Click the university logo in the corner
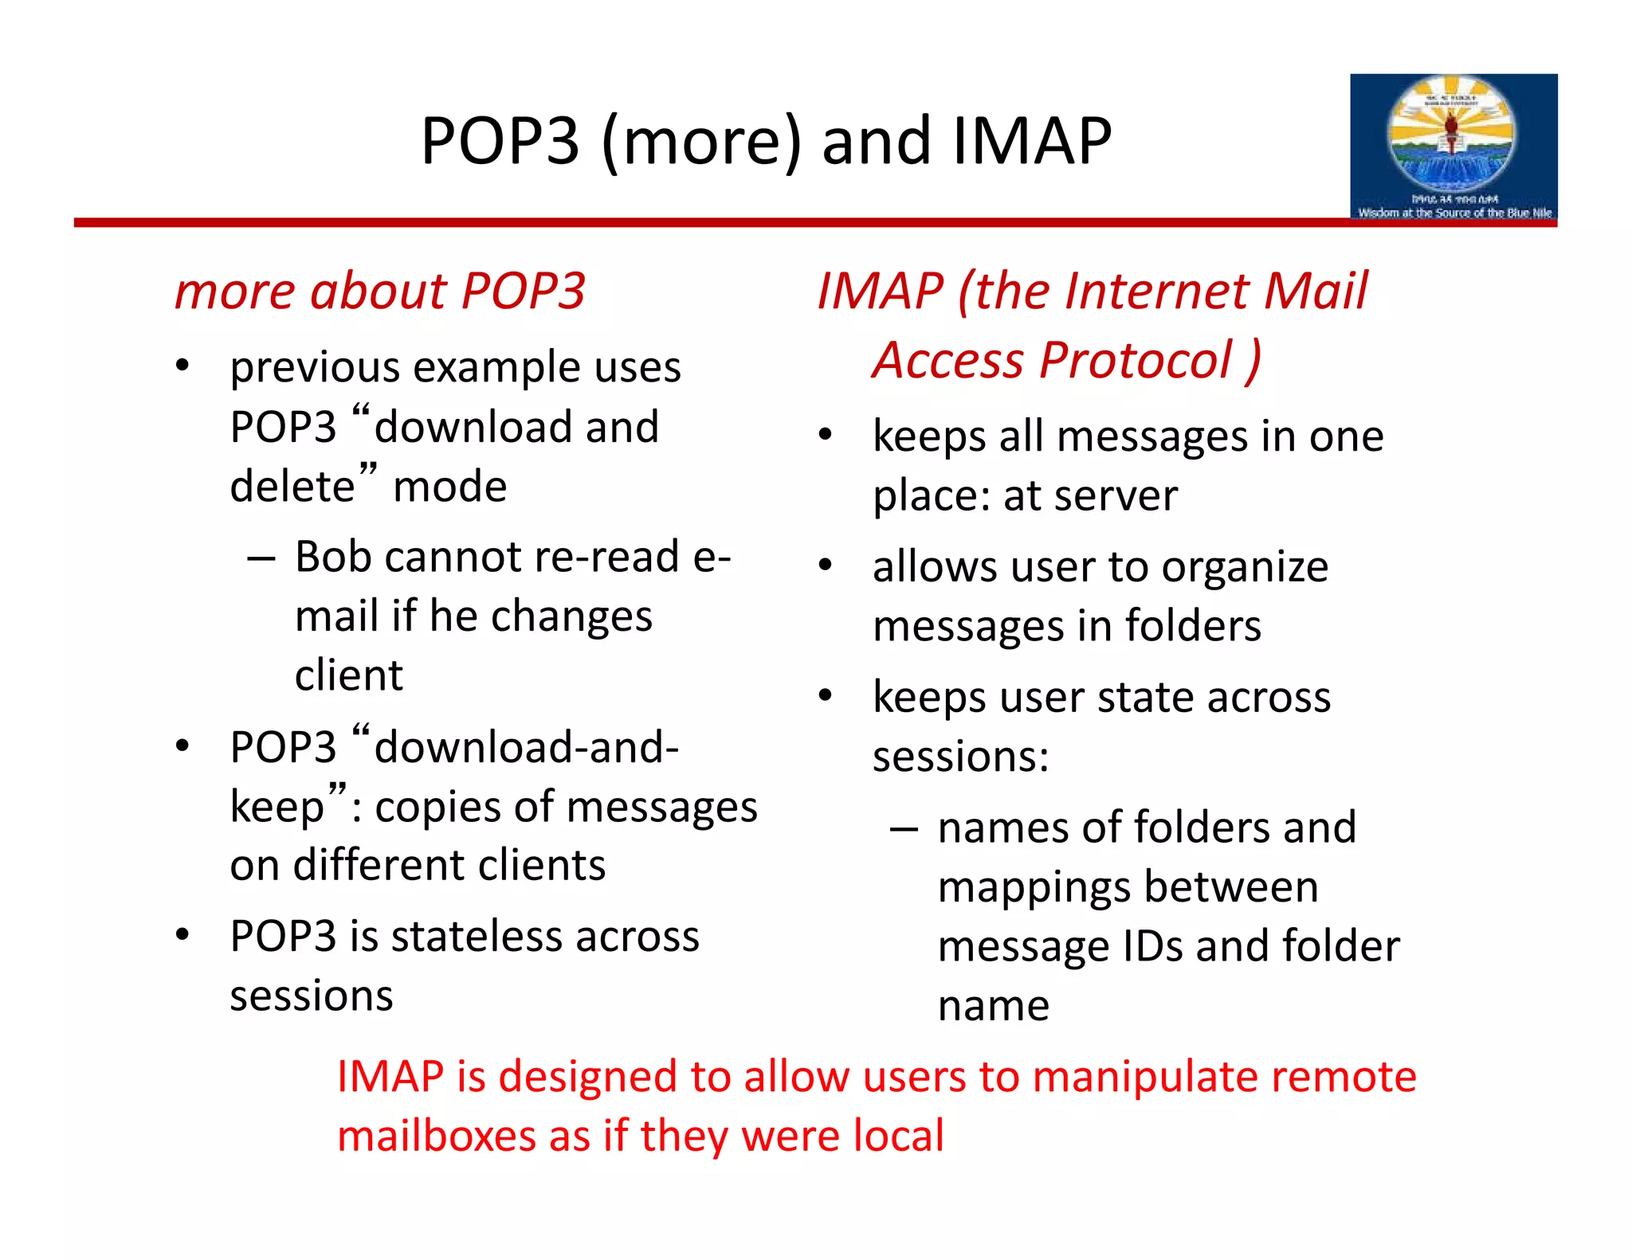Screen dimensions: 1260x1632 click(1453, 147)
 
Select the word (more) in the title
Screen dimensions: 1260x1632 click(701, 141)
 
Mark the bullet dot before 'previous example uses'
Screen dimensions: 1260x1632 click(183, 366)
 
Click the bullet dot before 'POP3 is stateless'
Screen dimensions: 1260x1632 click(183, 934)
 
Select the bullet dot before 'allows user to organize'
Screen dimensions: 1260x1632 click(826, 565)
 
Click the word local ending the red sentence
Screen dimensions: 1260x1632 click(898, 1136)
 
